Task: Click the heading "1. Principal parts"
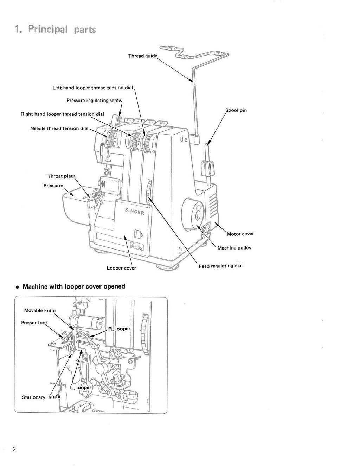pos(55,29)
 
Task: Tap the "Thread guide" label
pos(142,56)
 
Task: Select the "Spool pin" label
pos(236,110)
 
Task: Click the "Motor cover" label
pos(240,234)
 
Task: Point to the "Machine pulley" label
pos(234,248)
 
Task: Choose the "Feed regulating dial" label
pos(220,266)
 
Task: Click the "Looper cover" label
pos(121,268)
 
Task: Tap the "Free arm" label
pos(53,186)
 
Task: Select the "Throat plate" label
pos(61,176)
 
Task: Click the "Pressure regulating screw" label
pos(95,101)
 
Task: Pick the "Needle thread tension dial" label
pos(59,129)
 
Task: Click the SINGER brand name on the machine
pos(134,211)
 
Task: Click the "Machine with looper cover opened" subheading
pos(73,286)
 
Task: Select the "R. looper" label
pos(119,329)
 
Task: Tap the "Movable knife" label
pos(40,311)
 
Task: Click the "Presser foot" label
pos(34,323)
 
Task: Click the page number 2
pos(14,449)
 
